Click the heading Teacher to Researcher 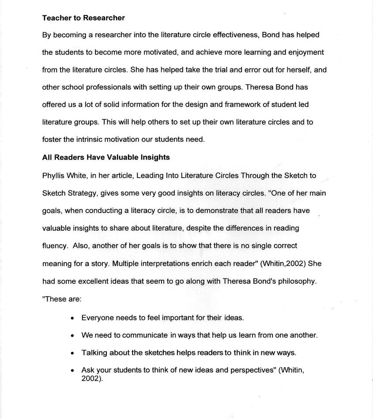[x=83, y=18]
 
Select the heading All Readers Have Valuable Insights [x=106, y=157]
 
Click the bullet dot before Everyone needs [x=72, y=318]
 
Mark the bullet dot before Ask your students [x=72, y=371]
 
